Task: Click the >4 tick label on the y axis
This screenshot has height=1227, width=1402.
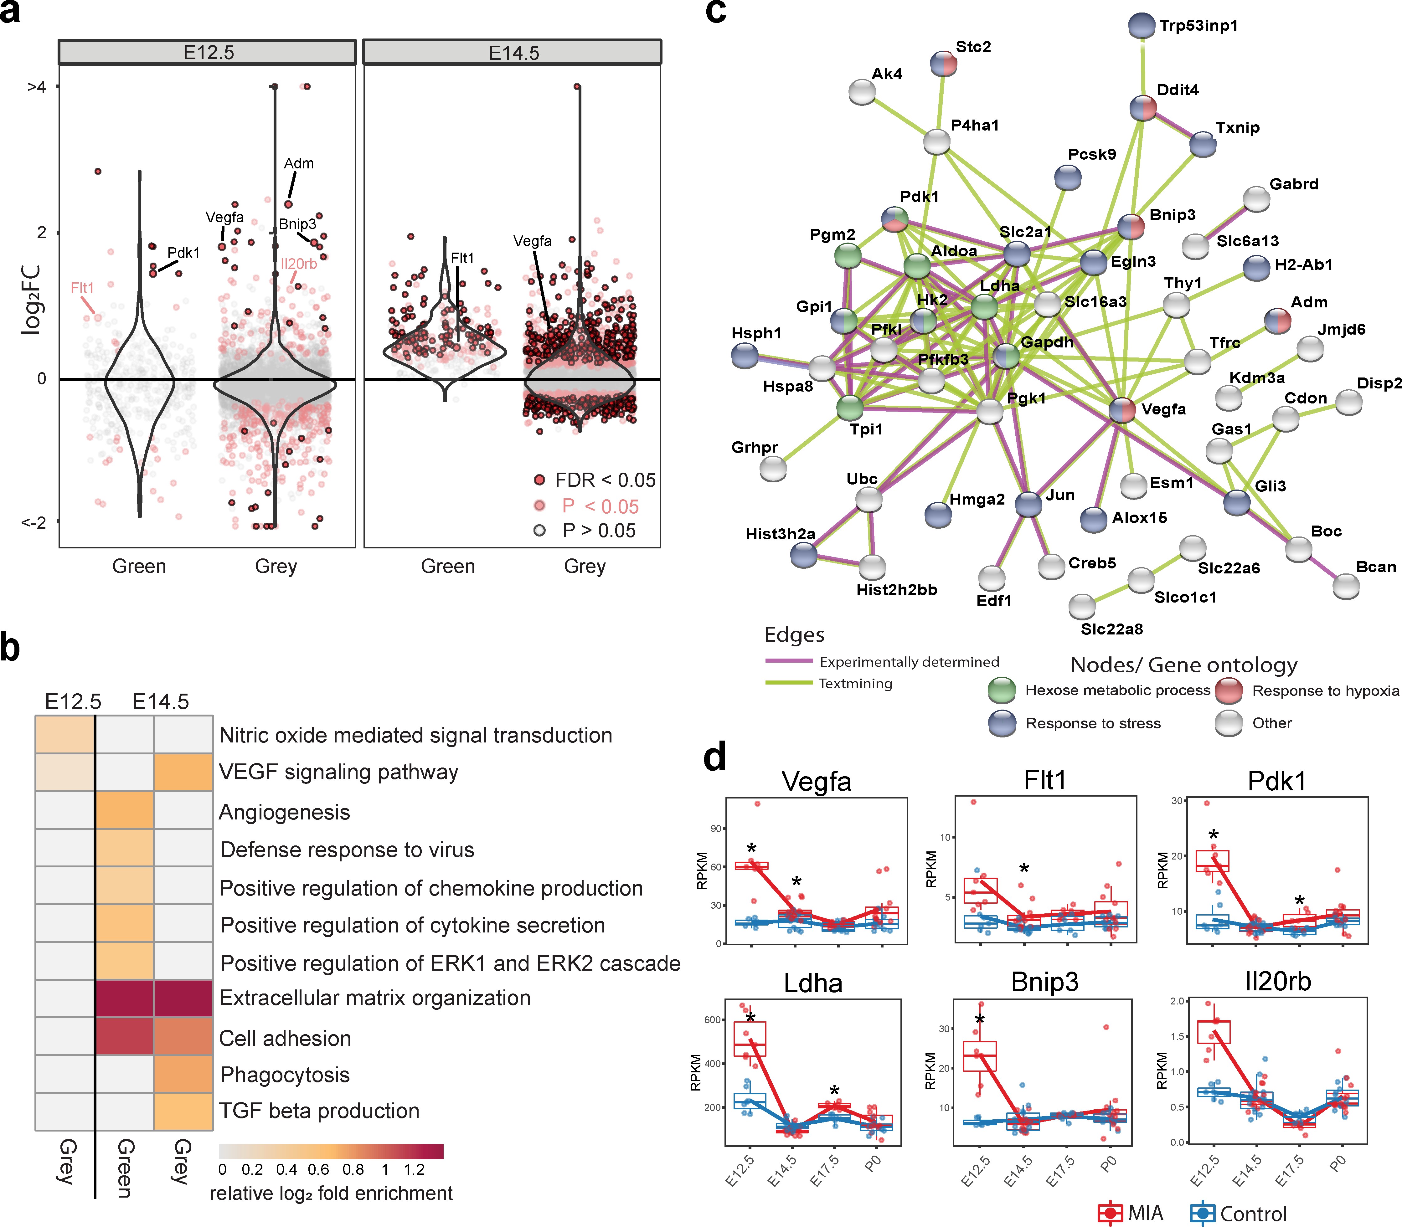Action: [36, 87]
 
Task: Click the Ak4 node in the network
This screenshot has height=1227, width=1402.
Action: [862, 92]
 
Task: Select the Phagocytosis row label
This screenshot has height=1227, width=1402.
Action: [285, 1075]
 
